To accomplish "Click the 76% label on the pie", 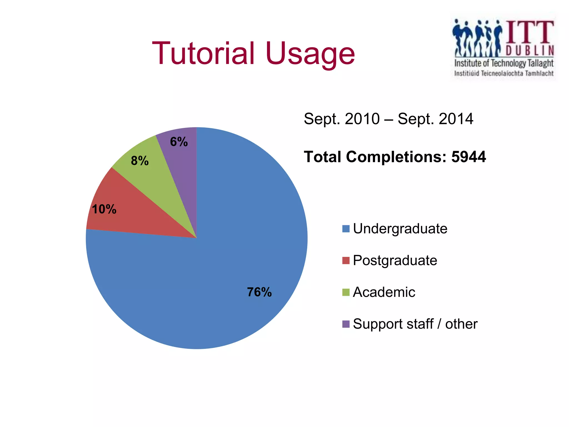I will pyautogui.click(x=259, y=292).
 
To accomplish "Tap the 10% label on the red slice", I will pyautogui.click(x=104, y=209).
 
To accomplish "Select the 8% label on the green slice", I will pyautogui.click(x=140, y=161).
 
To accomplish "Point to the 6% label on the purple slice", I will pyautogui.click(x=179, y=142).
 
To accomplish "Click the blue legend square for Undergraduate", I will pyautogui.click(x=346, y=229).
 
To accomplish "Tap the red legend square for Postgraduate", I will pyautogui.click(x=346, y=260).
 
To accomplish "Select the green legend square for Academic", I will pyautogui.click(x=346, y=292).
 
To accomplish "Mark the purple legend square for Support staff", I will pyautogui.click(x=346, y=324).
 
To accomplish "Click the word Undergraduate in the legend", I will pyautogui.click(x=400, y=229).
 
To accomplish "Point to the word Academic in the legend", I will pyautogui.click(x=384, y=292).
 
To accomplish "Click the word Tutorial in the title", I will pyautogui.click(x=203, y=53).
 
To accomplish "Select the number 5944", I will pyautogui.click(x=468, y=157).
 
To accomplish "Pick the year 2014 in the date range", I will pyautogui.click(x=456, y=119).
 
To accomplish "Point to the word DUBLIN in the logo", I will pyautogui.click(x=530, y=51).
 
